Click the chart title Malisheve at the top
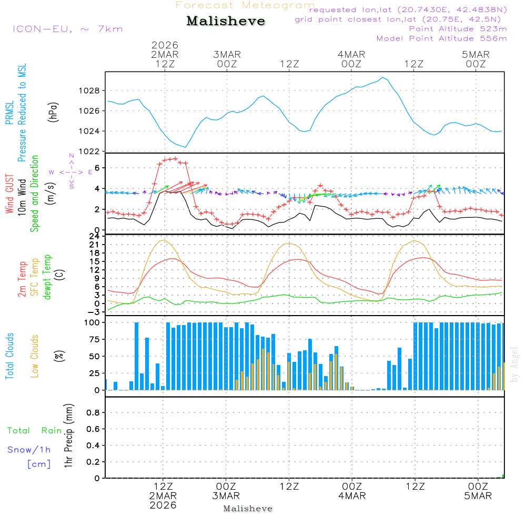(226, 22)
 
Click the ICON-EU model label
(67, 29)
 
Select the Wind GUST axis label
(9, 195)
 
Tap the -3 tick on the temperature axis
(95, 312)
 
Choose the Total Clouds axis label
(9, 356)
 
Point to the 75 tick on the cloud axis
(93, 340)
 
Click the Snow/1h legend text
(29, 450)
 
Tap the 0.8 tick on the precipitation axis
(93, 412)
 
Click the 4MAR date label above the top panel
(351, 55)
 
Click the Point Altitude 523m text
(458, 29)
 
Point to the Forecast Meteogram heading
(245, 5)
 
